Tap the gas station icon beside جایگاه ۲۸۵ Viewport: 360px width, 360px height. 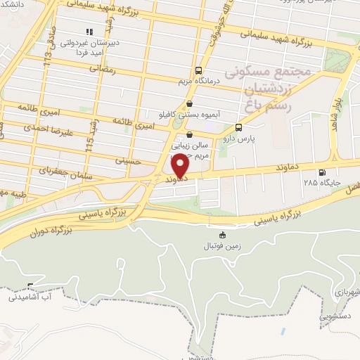322,172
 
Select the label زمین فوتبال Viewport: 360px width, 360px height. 222,246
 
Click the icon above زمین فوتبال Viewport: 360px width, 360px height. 223,235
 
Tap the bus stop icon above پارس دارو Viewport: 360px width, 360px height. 239,128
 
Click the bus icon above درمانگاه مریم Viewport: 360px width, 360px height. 199,70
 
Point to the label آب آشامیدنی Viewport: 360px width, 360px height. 30,298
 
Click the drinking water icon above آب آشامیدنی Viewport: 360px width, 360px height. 30,287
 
